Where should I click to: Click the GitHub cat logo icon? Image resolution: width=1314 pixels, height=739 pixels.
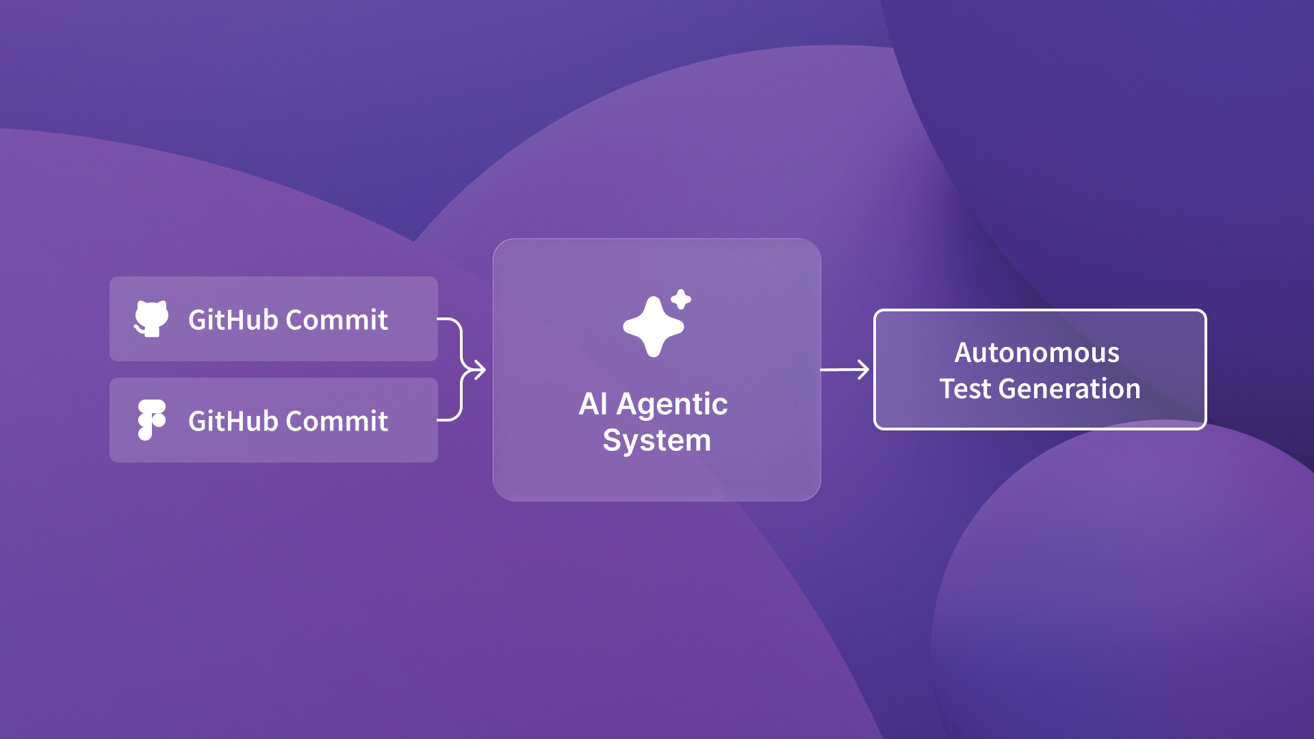click(x=151, y=319)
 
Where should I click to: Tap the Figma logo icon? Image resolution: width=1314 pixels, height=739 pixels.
click(x=151, y=419)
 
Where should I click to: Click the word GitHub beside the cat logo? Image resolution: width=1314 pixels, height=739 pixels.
click(x=233, y=320)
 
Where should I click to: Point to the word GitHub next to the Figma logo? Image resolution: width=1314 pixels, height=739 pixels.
click(x=233, y=421)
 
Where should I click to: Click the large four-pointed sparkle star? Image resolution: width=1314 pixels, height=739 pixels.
click(x=653, y=327)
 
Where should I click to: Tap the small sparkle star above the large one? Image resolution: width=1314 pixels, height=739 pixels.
click(x=681, y=299)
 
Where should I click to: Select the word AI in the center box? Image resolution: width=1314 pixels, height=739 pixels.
click(x=593, y=404)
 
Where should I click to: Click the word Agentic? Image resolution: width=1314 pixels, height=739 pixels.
click(x=672, y=404)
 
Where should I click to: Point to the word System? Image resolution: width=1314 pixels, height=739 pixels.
click(x=656, y=440)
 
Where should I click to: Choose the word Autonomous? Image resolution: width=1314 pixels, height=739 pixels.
click(x=1037, y=352)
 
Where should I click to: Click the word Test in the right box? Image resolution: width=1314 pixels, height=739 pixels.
click(x=965, y=389)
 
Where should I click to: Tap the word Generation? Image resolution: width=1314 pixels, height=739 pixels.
click(x=1070, y=389)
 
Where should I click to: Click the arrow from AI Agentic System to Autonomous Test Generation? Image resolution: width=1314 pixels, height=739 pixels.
click(x=845, y=369)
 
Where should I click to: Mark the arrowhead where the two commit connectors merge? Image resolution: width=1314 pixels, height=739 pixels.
click(x=478, y=369)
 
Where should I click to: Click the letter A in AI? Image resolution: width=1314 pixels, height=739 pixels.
click(x=588, y=404)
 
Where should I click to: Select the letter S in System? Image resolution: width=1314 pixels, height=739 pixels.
click(x=611, y=439)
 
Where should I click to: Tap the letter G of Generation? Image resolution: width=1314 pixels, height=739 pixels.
click(x=1008, y=389)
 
